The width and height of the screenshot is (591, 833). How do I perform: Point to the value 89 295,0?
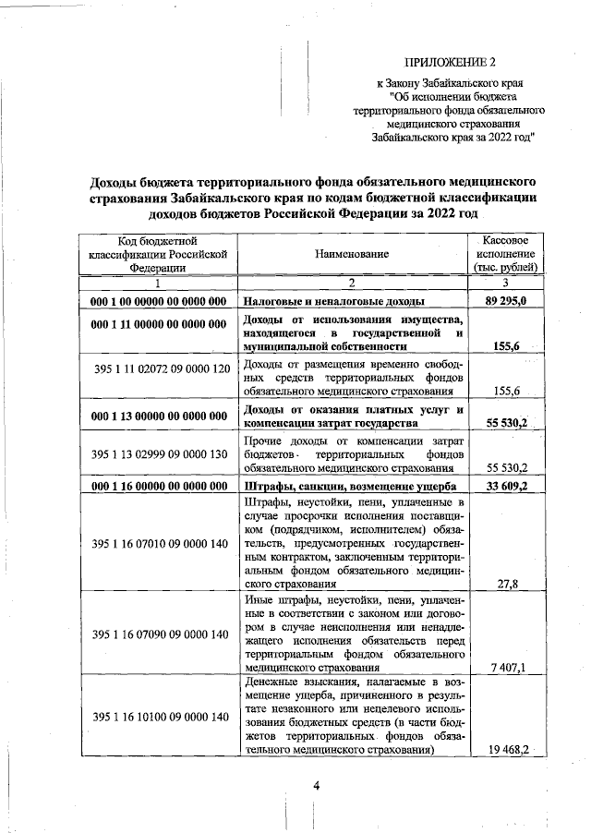506,302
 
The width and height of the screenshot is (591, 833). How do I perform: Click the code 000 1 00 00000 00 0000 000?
158,302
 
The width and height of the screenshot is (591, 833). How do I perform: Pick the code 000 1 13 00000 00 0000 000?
158,415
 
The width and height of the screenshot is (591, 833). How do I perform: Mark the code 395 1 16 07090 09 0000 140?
161,634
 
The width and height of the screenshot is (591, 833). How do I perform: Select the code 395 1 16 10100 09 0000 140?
161,717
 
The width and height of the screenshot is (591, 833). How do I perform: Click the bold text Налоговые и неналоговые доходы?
333,302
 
